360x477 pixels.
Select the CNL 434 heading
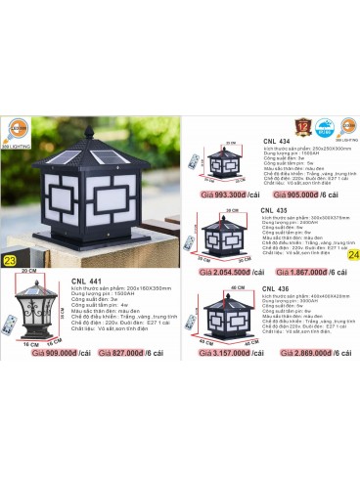277,140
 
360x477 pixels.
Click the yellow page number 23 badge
10,261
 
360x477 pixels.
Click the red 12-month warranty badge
312,125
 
